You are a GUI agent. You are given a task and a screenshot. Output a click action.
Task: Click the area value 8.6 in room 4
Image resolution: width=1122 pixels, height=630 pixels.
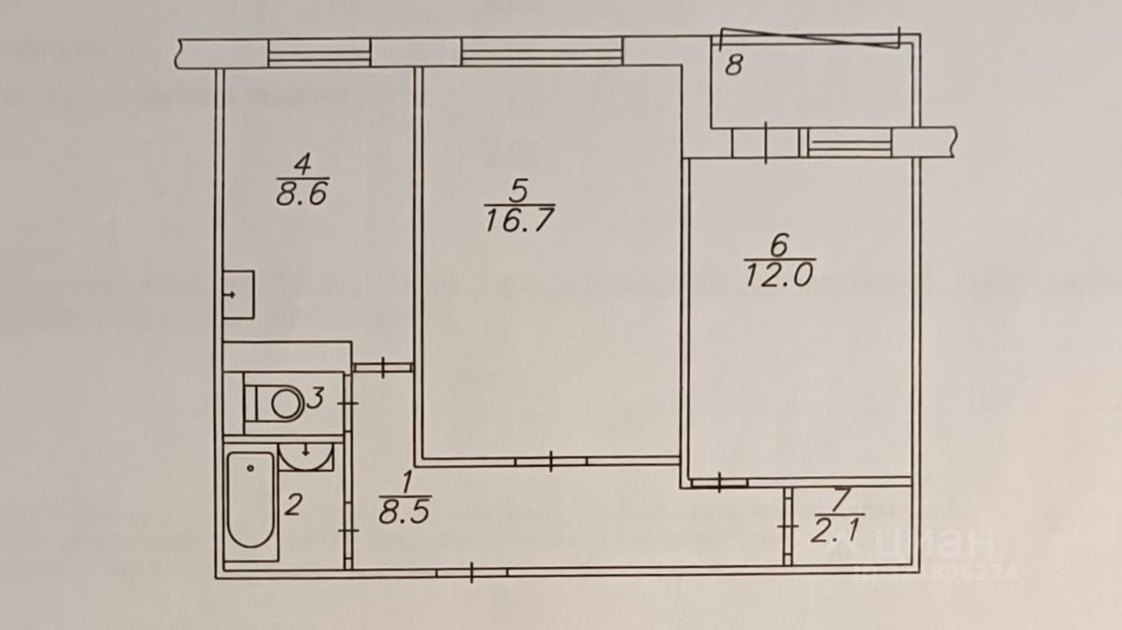point(302,194)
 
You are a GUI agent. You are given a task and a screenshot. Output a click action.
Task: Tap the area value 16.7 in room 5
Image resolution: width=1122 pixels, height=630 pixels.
point(519,219)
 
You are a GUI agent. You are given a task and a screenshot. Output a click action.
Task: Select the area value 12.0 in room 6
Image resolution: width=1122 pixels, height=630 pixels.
point(779,274)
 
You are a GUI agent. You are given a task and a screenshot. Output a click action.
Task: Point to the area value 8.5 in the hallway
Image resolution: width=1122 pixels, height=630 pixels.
point(404,511)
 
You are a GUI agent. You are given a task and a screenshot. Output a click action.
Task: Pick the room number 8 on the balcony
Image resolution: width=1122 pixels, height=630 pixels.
point(735,66)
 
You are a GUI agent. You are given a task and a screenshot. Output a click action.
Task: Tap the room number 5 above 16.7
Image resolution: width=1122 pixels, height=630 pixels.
point(518,188)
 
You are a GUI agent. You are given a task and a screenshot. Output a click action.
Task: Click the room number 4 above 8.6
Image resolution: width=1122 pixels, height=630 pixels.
point(302,163)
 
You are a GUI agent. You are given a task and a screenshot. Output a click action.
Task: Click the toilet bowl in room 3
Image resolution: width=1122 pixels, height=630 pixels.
point(279,403)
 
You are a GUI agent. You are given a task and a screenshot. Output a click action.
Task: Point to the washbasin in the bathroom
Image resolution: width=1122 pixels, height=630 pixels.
point(306,456)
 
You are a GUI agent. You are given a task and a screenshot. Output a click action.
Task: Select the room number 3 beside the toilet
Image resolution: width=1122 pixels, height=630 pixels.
point(316,400)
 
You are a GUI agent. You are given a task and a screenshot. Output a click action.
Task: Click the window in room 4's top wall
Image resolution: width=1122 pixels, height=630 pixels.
point(319,53)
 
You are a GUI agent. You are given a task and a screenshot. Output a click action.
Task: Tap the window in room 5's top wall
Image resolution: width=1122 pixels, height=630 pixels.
point(541,52)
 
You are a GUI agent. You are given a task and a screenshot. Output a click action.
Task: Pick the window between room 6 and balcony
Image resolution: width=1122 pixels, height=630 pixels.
point(849,142)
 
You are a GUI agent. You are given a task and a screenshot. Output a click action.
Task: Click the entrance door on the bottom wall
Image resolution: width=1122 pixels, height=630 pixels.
point(472,573)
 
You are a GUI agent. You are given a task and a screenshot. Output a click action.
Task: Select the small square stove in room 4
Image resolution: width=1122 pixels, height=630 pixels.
point(238,294)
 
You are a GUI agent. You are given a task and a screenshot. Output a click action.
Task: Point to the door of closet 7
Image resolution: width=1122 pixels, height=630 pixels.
point(788,527)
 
